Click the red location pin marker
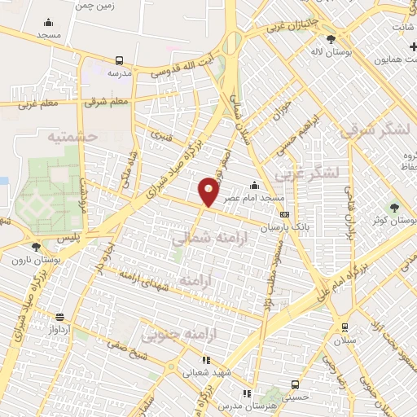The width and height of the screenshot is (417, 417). coord(209,191)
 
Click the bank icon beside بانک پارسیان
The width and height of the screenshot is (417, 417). coord(284,214)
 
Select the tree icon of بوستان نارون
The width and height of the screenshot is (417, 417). coord(35,246)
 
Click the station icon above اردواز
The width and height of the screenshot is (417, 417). coord(59,318)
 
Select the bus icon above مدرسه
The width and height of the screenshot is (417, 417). coord(120,60)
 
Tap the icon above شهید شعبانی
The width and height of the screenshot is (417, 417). coord(206,359)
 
